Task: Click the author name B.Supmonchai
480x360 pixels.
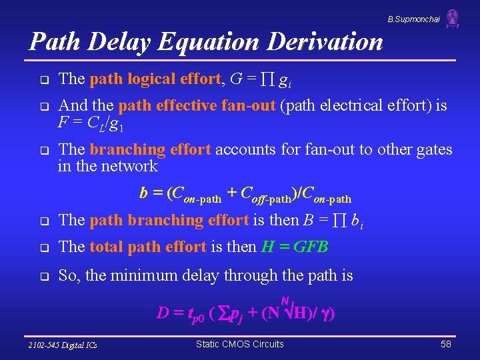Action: click(x=413, y=20)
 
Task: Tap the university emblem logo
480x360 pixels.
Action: click(x=453, y=18)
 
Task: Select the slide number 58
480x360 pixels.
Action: click(x=446, y=344)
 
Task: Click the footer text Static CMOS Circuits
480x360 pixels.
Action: click(x=239, y=344)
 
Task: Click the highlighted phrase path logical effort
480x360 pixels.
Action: click(x=155, y=79)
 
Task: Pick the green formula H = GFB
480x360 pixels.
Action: click(x=295, y=247)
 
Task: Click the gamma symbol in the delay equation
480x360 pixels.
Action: click(x=324, y=313)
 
